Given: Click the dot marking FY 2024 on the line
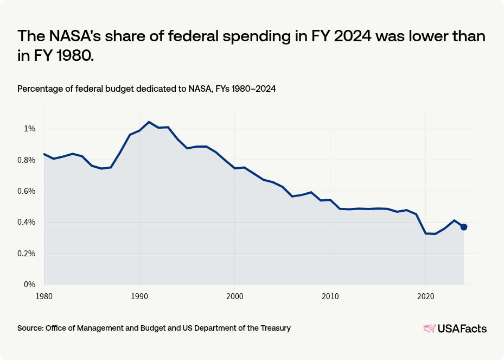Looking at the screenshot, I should [x=464, y=227].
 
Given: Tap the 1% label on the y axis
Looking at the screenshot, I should [x=28, y=129].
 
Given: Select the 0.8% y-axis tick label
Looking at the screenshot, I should [x=25, y=160].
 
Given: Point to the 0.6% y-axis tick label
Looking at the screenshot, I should [x=25, y=191].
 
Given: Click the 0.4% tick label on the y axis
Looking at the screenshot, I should [x=25, y=222].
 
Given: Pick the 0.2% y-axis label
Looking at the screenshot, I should [x=25, y=254].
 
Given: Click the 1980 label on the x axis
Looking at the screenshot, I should [x=44, y=296].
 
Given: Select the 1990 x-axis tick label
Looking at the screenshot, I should [x=139, y=296].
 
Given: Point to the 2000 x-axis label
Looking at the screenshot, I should [x=235, y=296].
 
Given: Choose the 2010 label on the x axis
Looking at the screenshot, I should [x=330, y=296].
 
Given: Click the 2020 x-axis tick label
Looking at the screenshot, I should [x=425, y=296].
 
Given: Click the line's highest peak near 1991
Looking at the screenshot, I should [x=149, y=122].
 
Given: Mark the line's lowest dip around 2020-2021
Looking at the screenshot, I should [x=435, y=234].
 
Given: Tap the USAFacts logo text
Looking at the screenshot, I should [x=462, y=329].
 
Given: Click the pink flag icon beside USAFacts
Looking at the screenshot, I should [x=429, y=329].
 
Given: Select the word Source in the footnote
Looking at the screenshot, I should [x=30, y=328].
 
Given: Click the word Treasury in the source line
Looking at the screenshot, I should [x=274, y=328].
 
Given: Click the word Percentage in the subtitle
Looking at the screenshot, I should [x=39, y=89].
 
